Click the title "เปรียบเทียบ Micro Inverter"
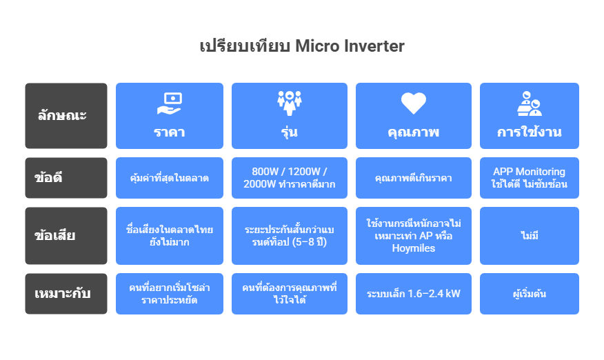(302, 46)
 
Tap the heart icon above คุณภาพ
(413, 103)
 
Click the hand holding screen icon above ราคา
(170, 103)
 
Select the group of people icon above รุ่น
(290, 103)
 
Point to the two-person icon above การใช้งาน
(530, 103)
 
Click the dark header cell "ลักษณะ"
(66, 116)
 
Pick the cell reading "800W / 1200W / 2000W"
(290, 178)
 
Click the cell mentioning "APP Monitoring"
(530, 178)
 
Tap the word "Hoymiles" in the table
(413, 248)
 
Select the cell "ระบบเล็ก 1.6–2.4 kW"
(413, 294)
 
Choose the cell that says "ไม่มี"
(530, 235)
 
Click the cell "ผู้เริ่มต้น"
(530, 294)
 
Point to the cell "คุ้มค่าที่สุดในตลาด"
(170, 178)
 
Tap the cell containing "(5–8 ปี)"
(290, 235)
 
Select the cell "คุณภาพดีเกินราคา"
(413, 178)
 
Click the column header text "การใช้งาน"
(530, 132)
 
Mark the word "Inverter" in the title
(374, 46)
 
